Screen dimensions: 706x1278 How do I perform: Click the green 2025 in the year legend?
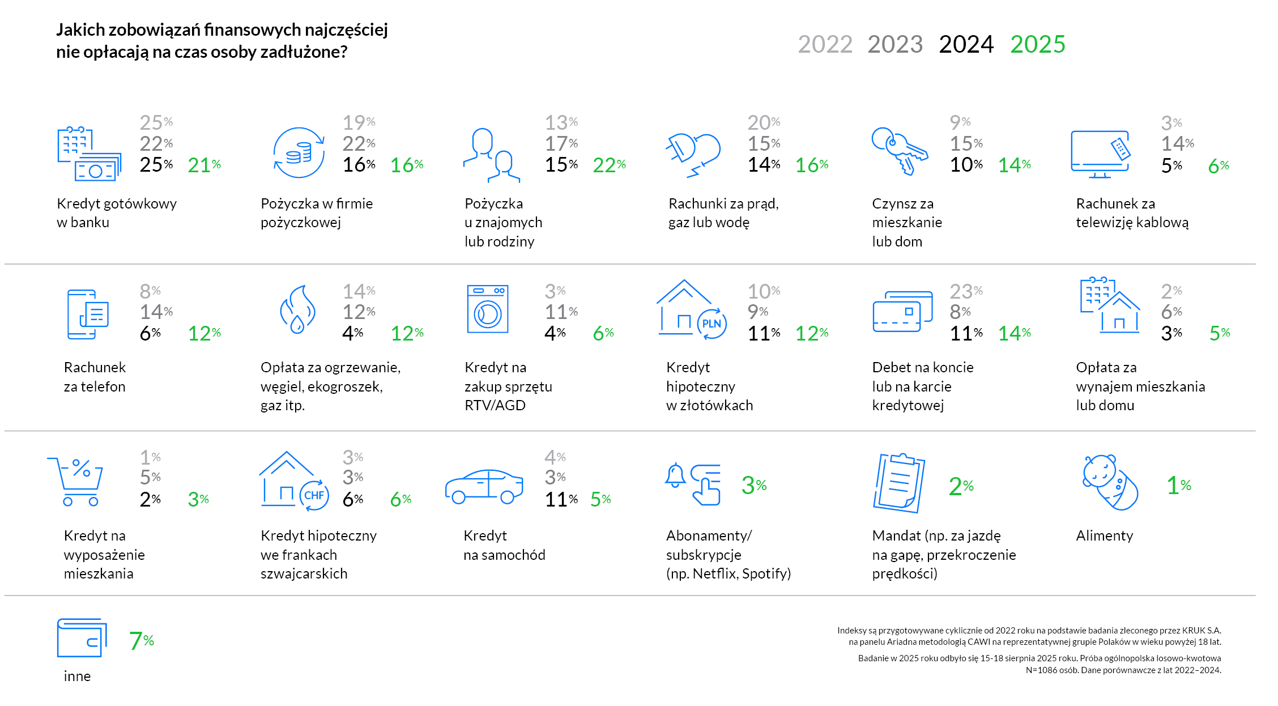pos(1037,44)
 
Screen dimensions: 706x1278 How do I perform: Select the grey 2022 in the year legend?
pos(825,44)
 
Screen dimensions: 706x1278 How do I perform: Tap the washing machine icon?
pos(487,309)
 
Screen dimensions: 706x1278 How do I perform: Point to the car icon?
pos(484,486)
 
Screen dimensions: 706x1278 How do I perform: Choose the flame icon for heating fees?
pos(297,309)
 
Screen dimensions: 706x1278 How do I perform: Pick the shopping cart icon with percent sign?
pos(76,481)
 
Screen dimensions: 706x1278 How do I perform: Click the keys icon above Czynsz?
pos(900,150)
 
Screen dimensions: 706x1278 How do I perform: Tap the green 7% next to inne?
pos(141,641)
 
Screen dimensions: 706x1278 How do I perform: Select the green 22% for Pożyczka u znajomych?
pos(609,165)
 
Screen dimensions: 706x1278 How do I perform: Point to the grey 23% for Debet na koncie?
pos(966,291)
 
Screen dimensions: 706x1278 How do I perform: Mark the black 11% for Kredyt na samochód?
pos(561,499)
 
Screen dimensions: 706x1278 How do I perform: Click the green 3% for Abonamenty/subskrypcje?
pos(753,485)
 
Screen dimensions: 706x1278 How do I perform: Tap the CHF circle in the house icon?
pos(314,495)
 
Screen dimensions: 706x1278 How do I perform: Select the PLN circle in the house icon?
pos(712,324)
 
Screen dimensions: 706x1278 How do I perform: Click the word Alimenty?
pos(1104,535)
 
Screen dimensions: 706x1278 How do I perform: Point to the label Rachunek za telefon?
pos(95,377)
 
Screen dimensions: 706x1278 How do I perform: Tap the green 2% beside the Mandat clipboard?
pos(961,486)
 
